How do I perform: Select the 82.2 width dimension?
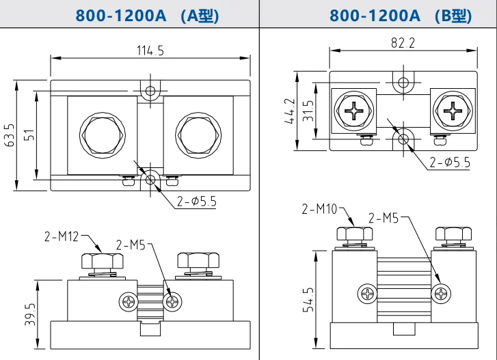[x=403, y=42]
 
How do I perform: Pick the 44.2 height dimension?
[x=290, y=111]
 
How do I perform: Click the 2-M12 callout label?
[x=62, y=237]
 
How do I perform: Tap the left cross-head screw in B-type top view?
[x=353, y=111]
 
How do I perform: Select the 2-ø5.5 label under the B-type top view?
[x=448, y=162]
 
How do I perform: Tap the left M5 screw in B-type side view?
[x=366, y=294]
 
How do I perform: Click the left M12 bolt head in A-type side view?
[x=101, y=261]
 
